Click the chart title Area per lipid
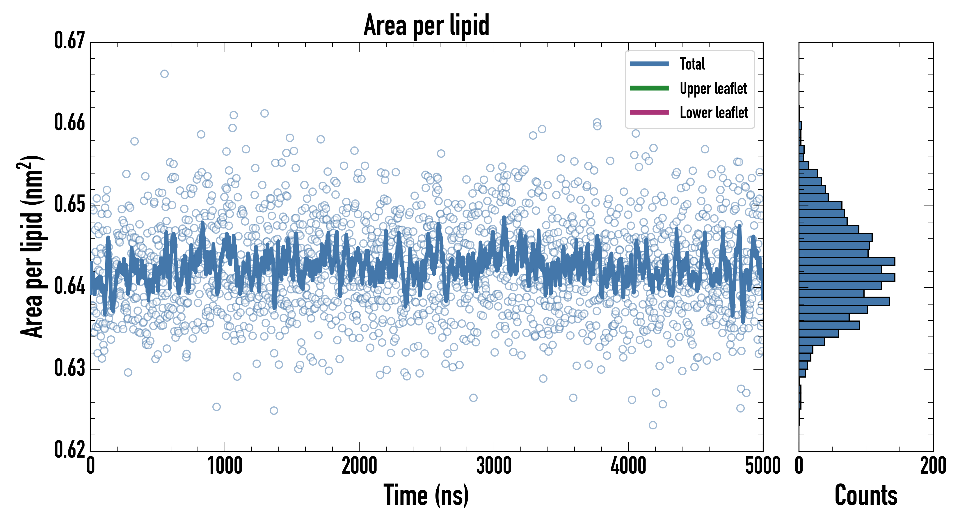[426, 25]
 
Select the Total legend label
[692, 64]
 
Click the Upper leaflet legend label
[713, 88]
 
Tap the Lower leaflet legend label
[714, 113]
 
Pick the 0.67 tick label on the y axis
[70, 41]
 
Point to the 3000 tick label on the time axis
[494, 466]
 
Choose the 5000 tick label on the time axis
[762, 466]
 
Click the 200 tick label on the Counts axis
[933, 466]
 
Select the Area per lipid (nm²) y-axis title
[32, 247]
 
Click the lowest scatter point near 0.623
[653, 425]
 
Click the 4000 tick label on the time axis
[628, 466]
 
